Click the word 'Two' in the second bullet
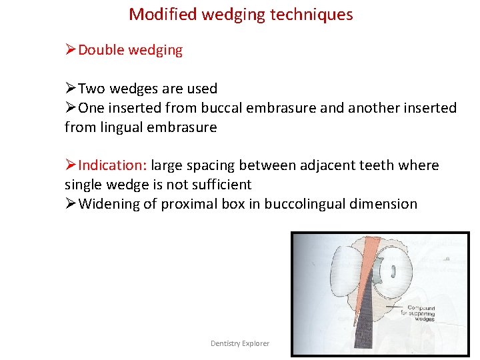[x=92, y=89]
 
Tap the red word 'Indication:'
[x=113, y=165]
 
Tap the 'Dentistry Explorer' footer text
[x=240, y=343]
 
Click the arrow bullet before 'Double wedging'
[x=71, y=50]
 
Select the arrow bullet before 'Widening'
[x=71, y=204]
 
